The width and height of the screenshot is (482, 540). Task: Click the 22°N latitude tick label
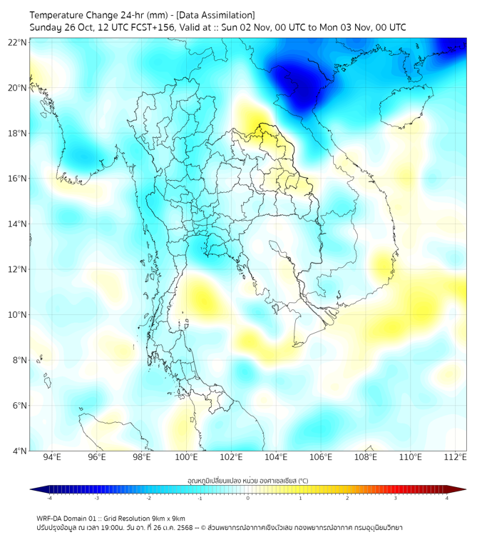tap(18, 42)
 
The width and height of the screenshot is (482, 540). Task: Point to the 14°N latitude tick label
tap(18, 224)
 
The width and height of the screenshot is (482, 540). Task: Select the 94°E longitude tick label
tap(52, 458)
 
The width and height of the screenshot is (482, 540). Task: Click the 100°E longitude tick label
tap(187, 458)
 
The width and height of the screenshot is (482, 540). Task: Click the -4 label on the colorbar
tap(49, 498)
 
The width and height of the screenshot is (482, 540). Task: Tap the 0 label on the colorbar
tap(248, 498)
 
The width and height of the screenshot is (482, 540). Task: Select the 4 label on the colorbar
tap(446, 498)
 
